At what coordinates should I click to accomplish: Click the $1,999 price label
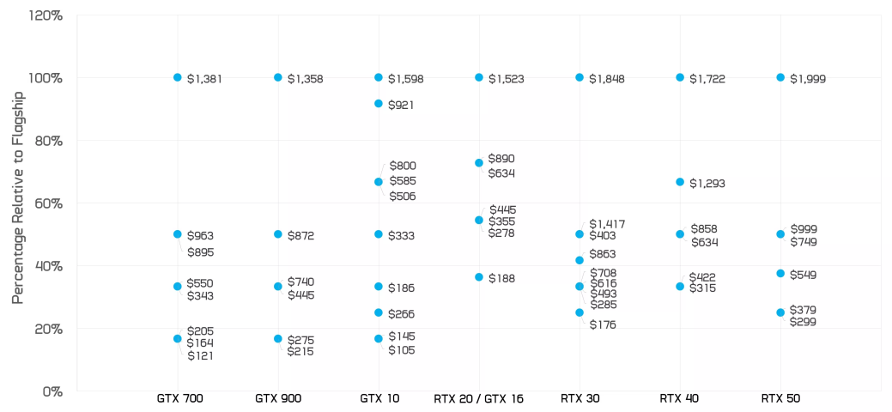click(807, 79)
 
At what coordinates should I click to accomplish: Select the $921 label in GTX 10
click(401, 105)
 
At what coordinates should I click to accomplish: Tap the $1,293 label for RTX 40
click(707, 184)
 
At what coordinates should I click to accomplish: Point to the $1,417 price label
click(608, 224)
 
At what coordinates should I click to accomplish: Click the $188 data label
click(501, 278)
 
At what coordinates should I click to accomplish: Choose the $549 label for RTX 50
click(803, 276)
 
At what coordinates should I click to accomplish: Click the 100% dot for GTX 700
click(178, 77)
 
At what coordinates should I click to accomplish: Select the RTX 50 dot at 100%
click(780, 77)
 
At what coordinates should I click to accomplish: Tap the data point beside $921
click(379, 103)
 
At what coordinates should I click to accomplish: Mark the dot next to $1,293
click(680, 182)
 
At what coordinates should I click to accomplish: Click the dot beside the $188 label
click(479, 277)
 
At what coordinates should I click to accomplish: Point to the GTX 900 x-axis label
click(278, 399)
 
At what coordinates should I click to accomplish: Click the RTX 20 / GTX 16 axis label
click(478, 399)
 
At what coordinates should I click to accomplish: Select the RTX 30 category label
click(579, 399)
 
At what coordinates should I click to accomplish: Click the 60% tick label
click(48, 203)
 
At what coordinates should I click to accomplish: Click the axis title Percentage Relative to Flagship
click(18, 197)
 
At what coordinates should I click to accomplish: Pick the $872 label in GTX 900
click(300, 235)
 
